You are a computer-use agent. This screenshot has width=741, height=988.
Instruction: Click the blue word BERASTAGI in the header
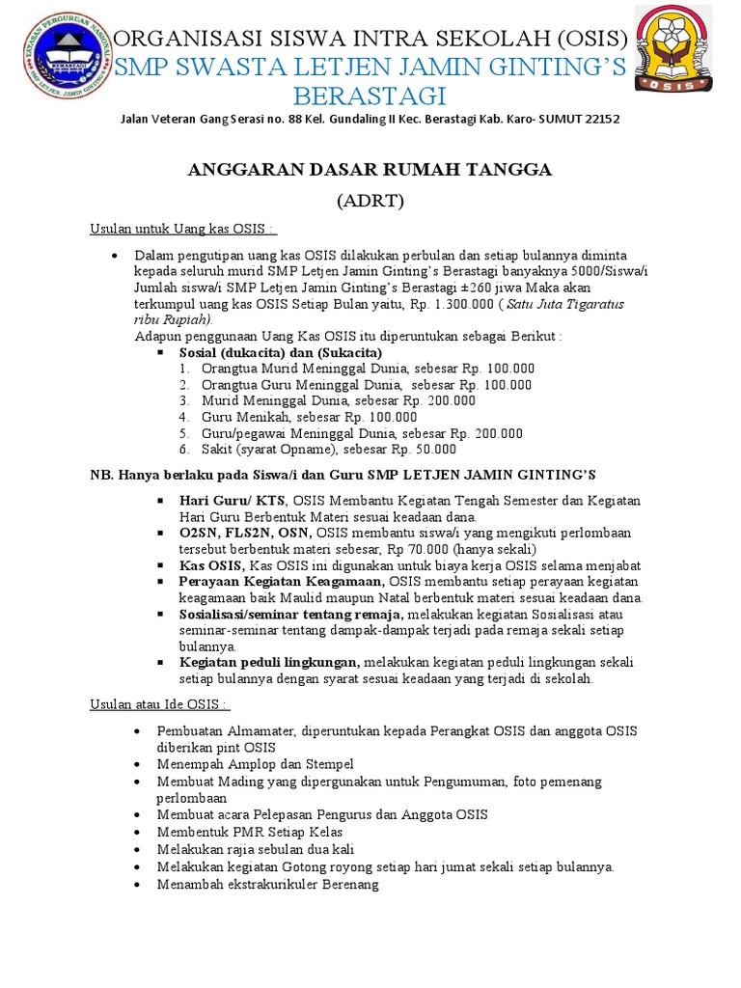tap(371, 96)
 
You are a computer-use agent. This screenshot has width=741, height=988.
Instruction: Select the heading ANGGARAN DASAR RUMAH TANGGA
tap(370, 170)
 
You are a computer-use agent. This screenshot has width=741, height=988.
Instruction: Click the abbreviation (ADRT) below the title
tap(370, 202)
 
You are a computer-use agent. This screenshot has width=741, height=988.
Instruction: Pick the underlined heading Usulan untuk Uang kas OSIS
tap(182, 229)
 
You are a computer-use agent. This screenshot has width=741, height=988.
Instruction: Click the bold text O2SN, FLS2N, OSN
tap(245, 534)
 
